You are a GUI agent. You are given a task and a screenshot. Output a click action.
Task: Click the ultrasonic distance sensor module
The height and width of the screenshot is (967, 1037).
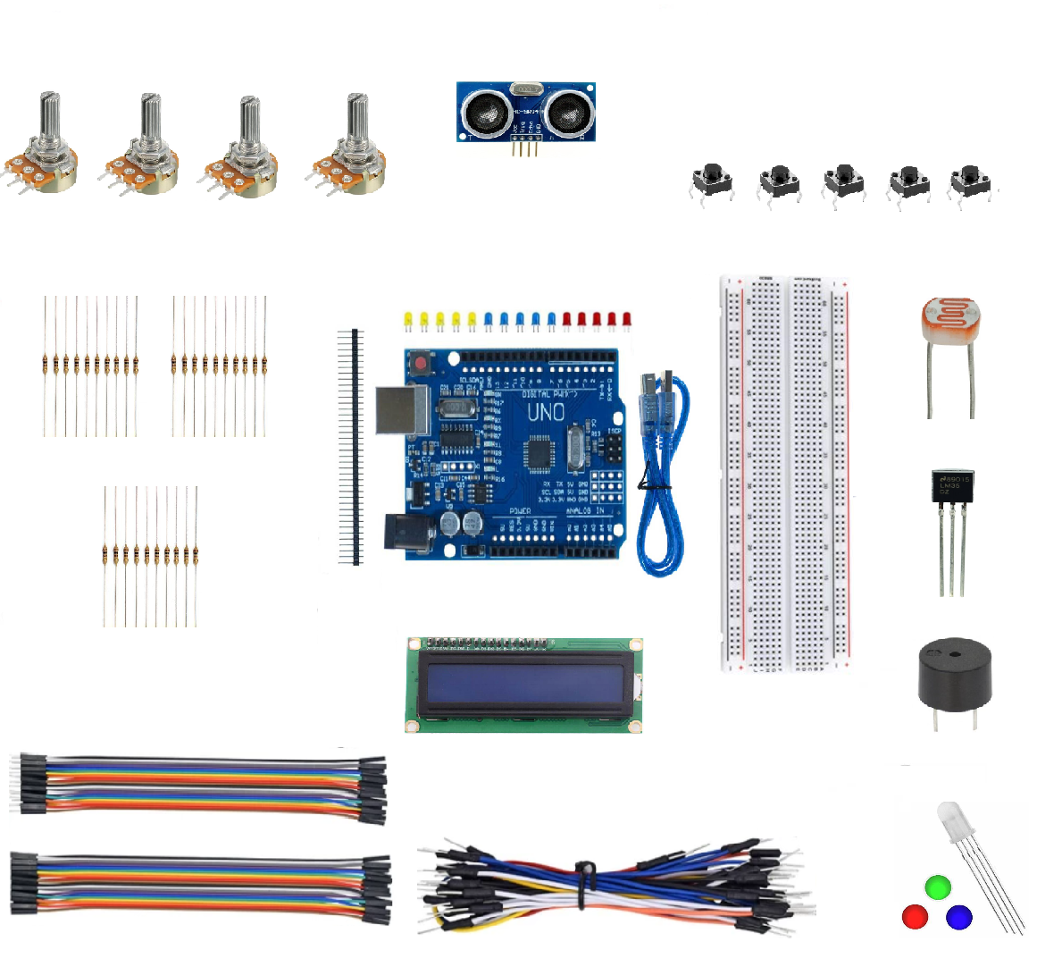[x=525, y=112]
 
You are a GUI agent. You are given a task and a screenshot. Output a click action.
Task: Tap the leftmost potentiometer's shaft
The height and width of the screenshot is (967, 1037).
[x=48, y=116]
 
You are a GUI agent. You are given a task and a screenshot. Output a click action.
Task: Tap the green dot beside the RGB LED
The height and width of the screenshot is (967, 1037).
[x=937, y=887]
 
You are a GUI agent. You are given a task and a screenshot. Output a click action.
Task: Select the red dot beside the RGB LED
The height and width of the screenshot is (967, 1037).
[x=915, y=917]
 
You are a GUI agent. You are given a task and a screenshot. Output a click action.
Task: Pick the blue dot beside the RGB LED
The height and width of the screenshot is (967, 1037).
[x=958, y=917]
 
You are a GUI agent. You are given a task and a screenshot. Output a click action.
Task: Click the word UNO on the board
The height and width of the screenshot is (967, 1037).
[x=545, y=413]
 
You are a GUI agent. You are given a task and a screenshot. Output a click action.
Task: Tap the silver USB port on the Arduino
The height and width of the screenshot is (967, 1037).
[x=401, y=410]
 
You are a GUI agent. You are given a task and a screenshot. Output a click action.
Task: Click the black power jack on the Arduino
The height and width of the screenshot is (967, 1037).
[x=409, y=533]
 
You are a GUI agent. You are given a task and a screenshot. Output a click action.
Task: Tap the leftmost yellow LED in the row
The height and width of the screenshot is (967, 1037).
[x=407, y=319]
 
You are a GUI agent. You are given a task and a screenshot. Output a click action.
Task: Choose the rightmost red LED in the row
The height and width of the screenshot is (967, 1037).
[x=627, y=319]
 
